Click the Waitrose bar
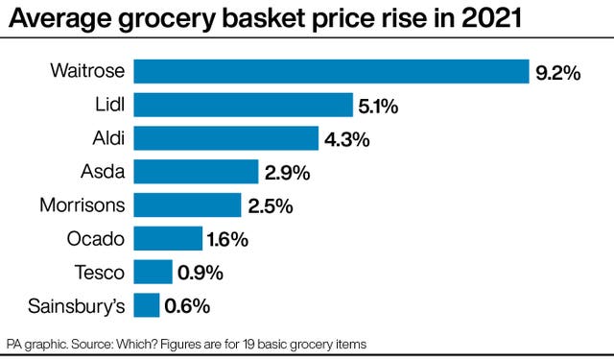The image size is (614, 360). point(331,71)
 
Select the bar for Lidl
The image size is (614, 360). point(244,105)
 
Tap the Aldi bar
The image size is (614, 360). point(225,138)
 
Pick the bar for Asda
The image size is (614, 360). point(196,172)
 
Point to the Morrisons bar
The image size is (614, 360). point(187,204)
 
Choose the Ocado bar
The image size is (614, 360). point(168,238)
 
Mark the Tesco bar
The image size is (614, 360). point(153,272)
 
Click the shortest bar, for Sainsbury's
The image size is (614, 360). point(146,305)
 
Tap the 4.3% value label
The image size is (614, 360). point(346,139)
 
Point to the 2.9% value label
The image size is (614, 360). point(287,173)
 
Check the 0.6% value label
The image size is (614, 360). point(187,306)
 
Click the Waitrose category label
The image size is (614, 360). point(87,71)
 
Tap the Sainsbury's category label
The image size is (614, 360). point(76,306)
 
